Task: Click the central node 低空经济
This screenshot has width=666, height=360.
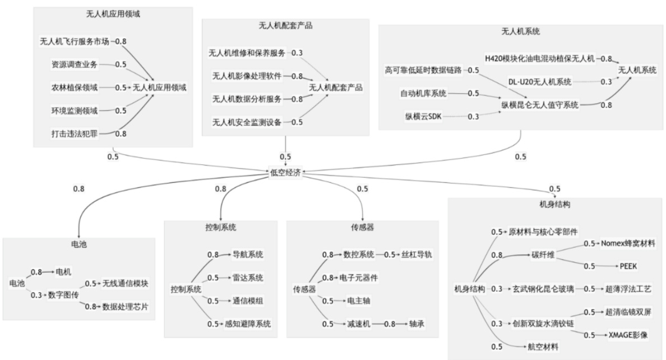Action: [x=286, y=173]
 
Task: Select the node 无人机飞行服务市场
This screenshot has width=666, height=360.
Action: [x=75, y=41]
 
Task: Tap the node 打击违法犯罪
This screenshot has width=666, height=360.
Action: [x=75, y=133]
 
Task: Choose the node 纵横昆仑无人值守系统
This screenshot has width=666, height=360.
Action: [x=540, y=104]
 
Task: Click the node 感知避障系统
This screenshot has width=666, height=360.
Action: [x=248, y=324]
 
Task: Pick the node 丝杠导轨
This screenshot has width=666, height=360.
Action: [x=417, y=255]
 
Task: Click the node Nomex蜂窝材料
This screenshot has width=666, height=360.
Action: [x=627, y=243]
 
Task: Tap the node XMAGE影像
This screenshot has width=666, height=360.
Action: [x=628, y=335]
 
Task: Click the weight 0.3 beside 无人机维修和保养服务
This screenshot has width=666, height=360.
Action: [x=297, y=53]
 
